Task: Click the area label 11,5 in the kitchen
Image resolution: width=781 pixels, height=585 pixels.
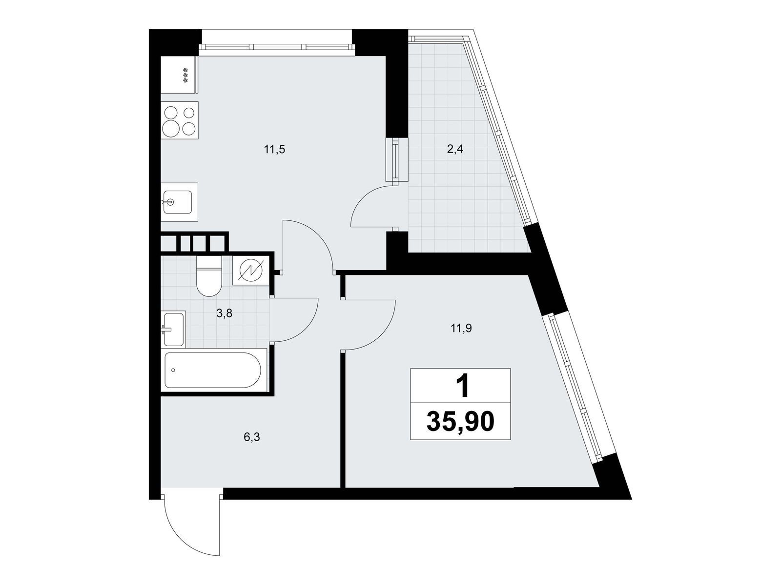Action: pos(274,150)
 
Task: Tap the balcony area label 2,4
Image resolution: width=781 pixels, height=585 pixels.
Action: pos(455,149)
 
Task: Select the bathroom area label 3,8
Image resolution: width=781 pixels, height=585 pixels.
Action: pos(224,313)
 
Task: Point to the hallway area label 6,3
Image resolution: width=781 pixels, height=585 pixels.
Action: pos(251,437)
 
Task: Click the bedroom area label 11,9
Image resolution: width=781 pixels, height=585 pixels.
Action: pos(461,329)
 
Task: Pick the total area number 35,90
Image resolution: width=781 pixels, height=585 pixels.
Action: pos(460,422)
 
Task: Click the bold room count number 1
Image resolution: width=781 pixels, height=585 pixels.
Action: pos(463,387)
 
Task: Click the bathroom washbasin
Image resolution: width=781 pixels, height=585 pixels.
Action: pos(174,329)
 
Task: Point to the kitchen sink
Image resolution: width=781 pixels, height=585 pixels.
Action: pos(179,202)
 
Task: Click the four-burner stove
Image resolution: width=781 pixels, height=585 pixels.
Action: pos(179,120)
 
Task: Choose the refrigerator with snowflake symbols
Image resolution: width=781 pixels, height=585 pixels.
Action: pos(179,75)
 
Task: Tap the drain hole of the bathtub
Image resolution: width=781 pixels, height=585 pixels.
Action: pos(173,370)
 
